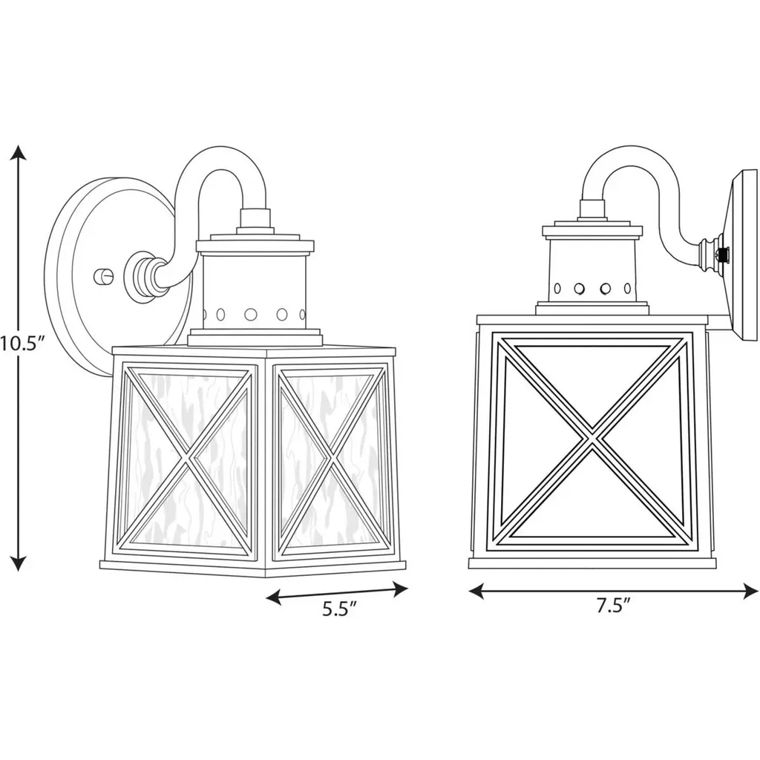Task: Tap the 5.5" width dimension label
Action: point(340,609)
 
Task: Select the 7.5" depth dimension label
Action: point(613,606)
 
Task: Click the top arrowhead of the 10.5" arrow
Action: point(19,152)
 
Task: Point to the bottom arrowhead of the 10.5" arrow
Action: point(19,563)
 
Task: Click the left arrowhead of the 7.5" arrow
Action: point(476,591)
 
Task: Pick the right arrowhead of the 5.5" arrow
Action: point(399,589)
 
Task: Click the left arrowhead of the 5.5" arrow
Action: point(275,597)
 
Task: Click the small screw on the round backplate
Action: point(103,277)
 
